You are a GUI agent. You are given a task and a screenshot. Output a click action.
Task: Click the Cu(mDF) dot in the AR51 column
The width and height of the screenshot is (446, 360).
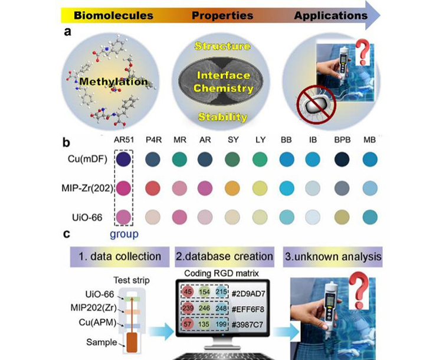coord(123,160)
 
